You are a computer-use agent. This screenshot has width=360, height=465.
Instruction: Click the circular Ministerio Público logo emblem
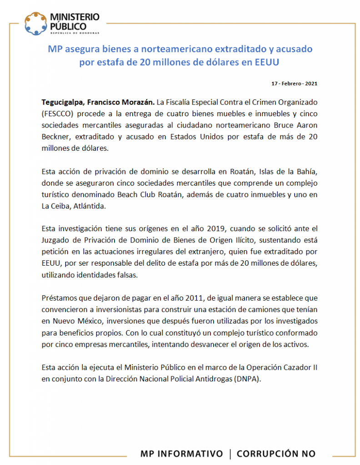point(35,23)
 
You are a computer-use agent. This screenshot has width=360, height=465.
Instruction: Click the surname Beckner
point(55,136)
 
